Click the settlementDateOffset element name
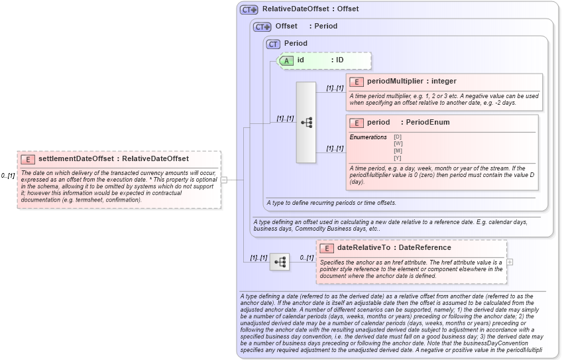[76, 159]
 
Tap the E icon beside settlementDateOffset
[28, 159]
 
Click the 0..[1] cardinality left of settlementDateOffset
[8, 176]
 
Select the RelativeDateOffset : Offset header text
[310, 9]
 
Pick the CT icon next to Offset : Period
[262, 27]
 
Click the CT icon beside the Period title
[274, 44]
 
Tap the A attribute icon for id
[286, 60]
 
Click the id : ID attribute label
[320, 60]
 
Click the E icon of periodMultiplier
[357, 82]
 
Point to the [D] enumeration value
[398, 137]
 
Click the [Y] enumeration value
[398, 158]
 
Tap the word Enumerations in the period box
[368, 137]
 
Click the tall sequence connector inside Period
[306, 123]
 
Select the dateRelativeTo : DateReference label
[394, 248]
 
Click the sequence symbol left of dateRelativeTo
[280, 262]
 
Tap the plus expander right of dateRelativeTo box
[510, 262]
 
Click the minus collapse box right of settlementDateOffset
[224, 179]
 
